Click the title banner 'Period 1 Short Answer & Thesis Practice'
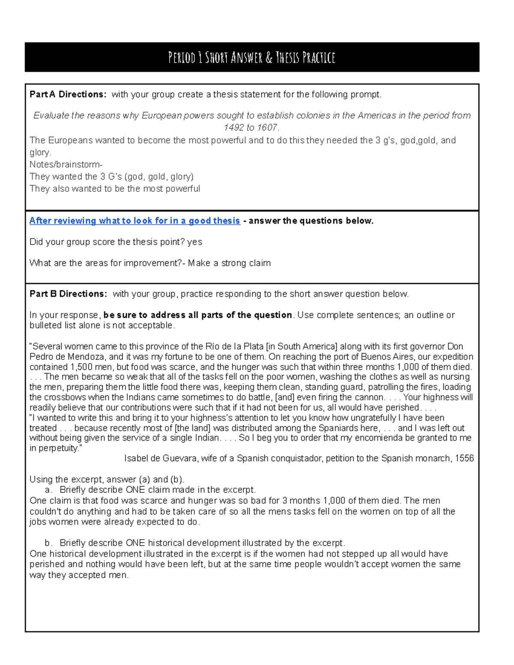click(x=251, y=57)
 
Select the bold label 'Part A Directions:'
click(x=68, y=95)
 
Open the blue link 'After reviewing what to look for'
click(x=134, y=221)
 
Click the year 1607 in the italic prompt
click(x=267, y=128)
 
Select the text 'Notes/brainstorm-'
click(x=66, y=164)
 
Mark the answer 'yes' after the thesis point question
click(x=195, y=242)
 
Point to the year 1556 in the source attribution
click(x=464, y=459)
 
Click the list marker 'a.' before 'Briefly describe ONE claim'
click(x=48, y=490)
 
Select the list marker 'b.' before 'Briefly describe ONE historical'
click(x=48, y=543)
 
